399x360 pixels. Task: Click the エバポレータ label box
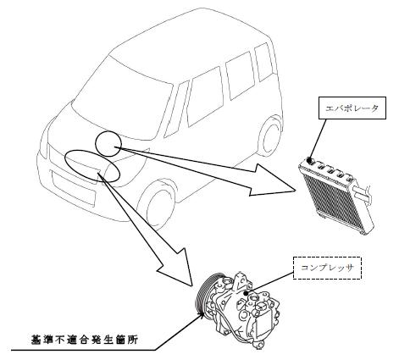[352, 108]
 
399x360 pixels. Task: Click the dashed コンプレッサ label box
[328, 268]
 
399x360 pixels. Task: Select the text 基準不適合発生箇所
[85, 340]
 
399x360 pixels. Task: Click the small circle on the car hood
[108, 144]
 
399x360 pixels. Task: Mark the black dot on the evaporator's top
[309, 160]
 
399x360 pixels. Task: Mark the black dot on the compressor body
[247, 293]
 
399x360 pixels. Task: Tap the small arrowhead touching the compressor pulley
[202, 314]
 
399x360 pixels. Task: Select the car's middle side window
[240, 75]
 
